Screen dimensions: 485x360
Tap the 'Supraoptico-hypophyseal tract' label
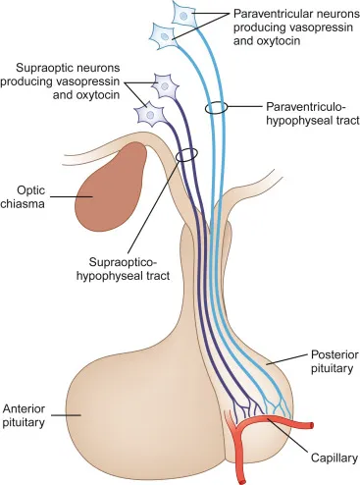pyautogui.click(x=124, y=267)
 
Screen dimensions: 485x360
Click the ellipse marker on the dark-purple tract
pyautogui.click(x=185, y=154)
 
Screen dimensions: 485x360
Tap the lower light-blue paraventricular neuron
pyautogui.click(x=163, y=34)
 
